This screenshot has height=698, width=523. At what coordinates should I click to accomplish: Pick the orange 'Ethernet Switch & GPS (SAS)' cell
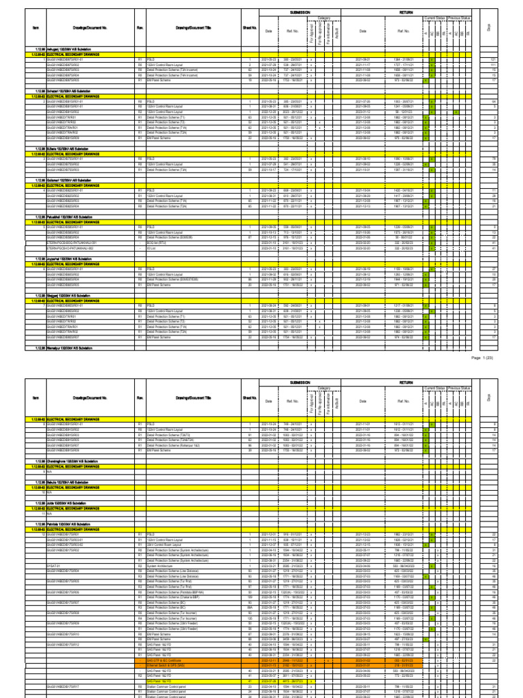[x=163, y=664]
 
